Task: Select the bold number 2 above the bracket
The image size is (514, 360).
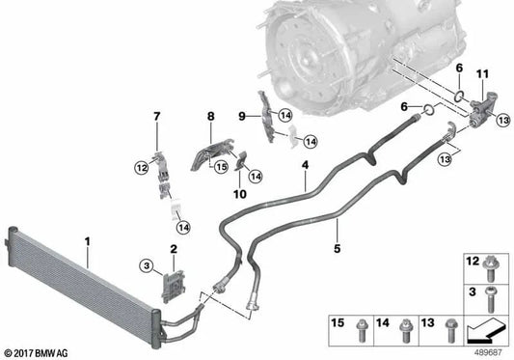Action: click(172, 249)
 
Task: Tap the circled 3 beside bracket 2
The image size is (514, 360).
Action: click(146, 264)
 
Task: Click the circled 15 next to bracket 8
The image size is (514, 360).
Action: click(220, 166)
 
